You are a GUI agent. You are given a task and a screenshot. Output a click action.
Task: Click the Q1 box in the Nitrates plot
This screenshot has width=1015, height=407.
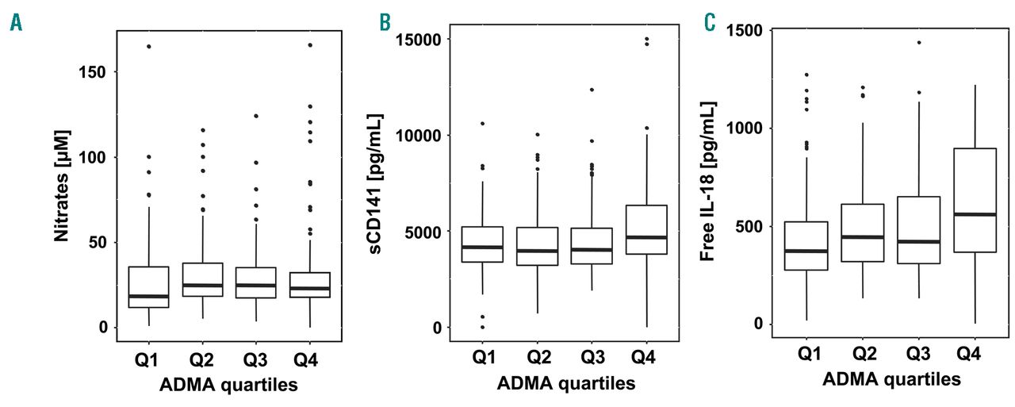(148, 286)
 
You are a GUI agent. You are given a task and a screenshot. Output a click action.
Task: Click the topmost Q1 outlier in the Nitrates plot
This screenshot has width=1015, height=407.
(148, 47)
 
